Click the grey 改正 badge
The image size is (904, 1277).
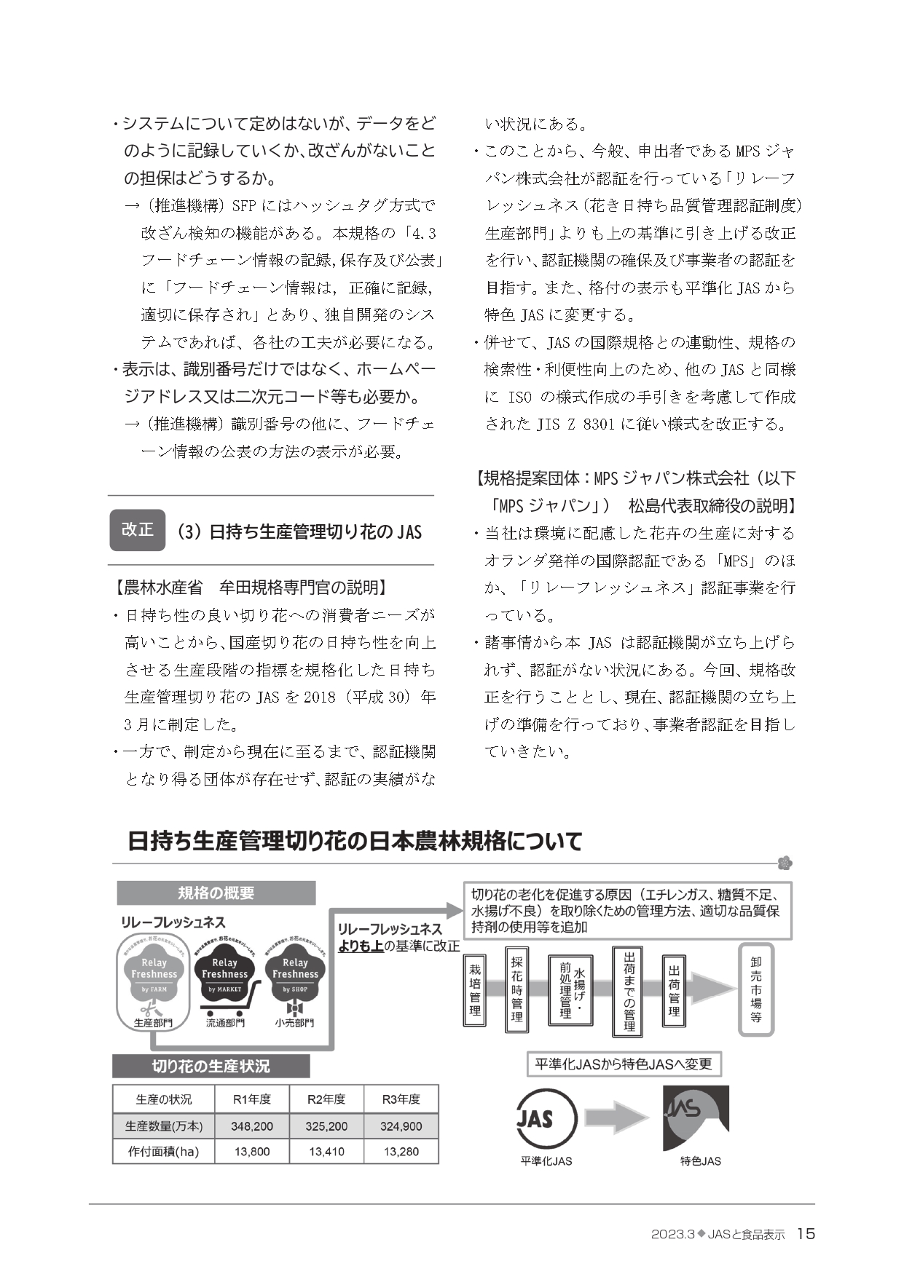pos(137,529)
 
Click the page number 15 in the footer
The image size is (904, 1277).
pos(806,1233)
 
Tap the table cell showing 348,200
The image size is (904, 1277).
pos(252,1126)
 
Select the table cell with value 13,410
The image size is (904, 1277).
pos(326,1152)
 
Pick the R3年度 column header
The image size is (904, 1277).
pos(401,1099)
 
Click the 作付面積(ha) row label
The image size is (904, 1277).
pos(163,1152)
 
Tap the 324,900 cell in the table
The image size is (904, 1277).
pos(401,1126)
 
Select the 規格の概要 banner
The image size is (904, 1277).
pos(216,893)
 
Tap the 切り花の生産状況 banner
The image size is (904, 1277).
pos(211,1066)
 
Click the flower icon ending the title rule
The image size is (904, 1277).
pos(785,863)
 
